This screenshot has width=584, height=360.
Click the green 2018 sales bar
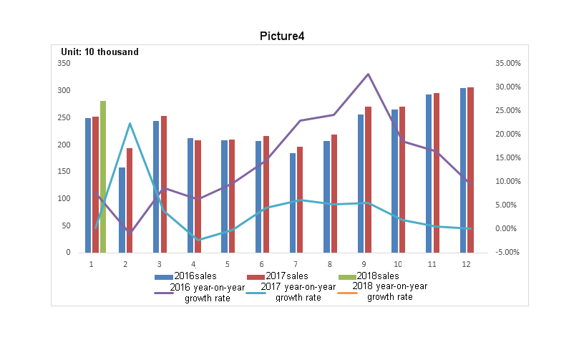click(103, 177)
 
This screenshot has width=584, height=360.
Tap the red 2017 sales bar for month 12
click(470, 170)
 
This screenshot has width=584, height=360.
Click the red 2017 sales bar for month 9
click(368, 180)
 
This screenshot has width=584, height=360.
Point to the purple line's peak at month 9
click(368, 74)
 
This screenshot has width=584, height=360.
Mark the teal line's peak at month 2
click(130, 123)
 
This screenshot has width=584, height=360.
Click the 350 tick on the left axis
click(64, 63)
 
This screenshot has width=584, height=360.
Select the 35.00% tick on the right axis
click(509, 63)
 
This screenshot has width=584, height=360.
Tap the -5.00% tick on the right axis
click(509, 253)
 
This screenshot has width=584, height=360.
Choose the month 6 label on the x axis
click(261, 264)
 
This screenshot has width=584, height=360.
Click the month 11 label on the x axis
click(432, 264)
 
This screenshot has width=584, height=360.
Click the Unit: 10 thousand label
click(100, 52)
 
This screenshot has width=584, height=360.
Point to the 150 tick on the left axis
click(64, 172)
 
